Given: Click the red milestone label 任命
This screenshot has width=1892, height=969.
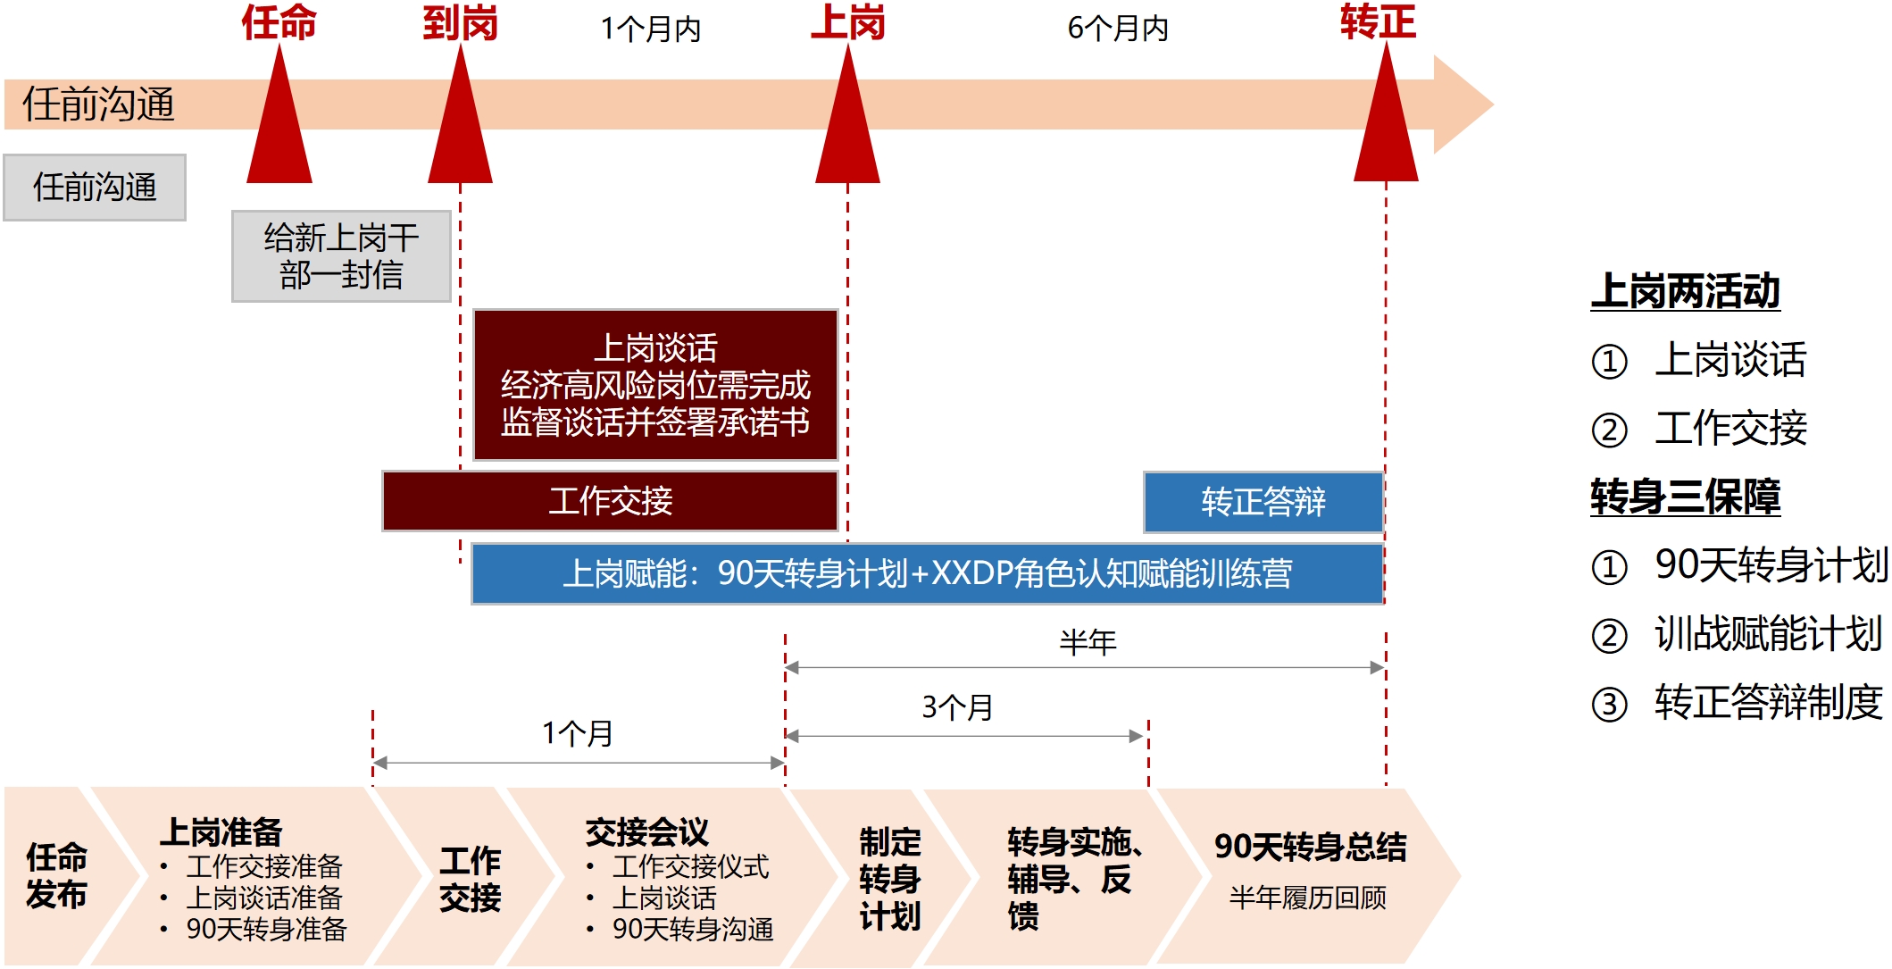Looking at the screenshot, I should tap(279, 22).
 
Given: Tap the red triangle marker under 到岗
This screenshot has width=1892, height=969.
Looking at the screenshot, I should tap(460, 125).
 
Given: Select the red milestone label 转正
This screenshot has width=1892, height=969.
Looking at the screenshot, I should tap(1377, 21).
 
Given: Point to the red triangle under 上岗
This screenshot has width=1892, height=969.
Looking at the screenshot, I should tap(847, 125).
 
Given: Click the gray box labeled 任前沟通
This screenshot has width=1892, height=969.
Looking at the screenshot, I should tap(95, 188).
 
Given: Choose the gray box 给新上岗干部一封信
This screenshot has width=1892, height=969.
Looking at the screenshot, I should tap(341, 256).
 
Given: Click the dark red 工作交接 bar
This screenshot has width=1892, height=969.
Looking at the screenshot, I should tap(610, 501).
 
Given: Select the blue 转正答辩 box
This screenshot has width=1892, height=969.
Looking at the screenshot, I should tap(1263, 502).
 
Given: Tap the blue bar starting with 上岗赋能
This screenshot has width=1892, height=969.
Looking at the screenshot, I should tap(927, 573).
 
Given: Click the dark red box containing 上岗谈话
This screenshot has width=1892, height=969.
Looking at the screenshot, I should tap(655, 385).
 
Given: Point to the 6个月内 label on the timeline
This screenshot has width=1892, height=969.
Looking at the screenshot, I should tap(1118, 29).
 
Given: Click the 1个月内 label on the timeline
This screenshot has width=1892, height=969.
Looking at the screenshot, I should tap(650, 29).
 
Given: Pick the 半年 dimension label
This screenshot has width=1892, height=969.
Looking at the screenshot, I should tap(1088, 642).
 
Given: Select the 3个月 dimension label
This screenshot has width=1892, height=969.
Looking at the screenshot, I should tap(957, 707).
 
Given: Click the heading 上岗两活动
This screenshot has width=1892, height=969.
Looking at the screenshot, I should tap(1685, 291).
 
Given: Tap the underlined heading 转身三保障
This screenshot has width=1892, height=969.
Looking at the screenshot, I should tap(1685, 497).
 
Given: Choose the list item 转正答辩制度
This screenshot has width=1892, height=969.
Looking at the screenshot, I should tap(1768, 702).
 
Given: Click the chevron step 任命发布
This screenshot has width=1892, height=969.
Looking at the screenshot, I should tap(57, 876).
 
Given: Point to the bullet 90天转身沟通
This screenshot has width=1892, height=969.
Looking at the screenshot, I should tap(692, 930).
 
